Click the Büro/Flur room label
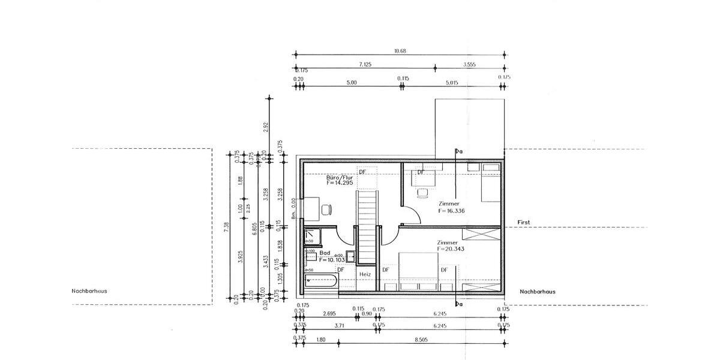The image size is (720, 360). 340,178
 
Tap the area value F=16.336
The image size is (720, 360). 451,211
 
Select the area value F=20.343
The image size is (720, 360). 451,248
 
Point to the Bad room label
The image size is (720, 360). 325,253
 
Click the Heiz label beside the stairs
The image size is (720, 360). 365,274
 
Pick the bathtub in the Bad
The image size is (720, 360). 322,282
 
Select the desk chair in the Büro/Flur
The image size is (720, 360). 326,209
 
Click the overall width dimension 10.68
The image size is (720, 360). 400,52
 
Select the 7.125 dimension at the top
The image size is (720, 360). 367,64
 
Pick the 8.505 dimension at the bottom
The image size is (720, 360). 421,340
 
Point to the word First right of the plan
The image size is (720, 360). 524,223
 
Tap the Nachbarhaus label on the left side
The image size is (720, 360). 89,292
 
